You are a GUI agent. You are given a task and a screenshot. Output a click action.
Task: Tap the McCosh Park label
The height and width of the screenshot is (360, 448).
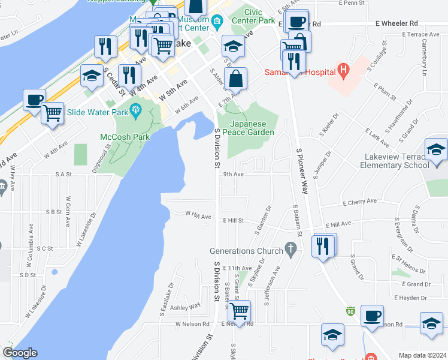point(125,137)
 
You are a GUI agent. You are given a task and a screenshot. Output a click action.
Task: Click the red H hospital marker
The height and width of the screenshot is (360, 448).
point(343,71)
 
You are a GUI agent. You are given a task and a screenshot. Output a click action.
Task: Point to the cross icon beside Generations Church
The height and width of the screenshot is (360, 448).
point(291,248)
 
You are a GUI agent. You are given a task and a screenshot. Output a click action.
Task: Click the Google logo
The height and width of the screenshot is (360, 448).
point(20,353)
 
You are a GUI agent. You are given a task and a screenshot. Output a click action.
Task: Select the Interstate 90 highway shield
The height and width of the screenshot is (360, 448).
point(350,311)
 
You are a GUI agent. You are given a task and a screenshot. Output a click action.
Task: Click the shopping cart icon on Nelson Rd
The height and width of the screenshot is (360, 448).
point(239,311)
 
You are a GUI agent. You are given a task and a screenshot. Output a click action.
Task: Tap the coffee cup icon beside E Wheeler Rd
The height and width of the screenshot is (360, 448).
point(296,22)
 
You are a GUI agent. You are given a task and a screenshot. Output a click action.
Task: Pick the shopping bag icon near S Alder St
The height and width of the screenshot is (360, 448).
point(237,78)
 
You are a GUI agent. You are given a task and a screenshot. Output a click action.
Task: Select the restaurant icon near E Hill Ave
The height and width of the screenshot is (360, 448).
point(323,245)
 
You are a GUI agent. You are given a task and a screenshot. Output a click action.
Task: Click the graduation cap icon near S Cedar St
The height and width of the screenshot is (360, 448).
point(91,76)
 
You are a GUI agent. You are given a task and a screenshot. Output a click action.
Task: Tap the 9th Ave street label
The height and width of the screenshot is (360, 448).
point(234,175)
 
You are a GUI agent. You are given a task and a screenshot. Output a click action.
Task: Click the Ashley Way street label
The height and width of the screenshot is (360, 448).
point(186,307)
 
